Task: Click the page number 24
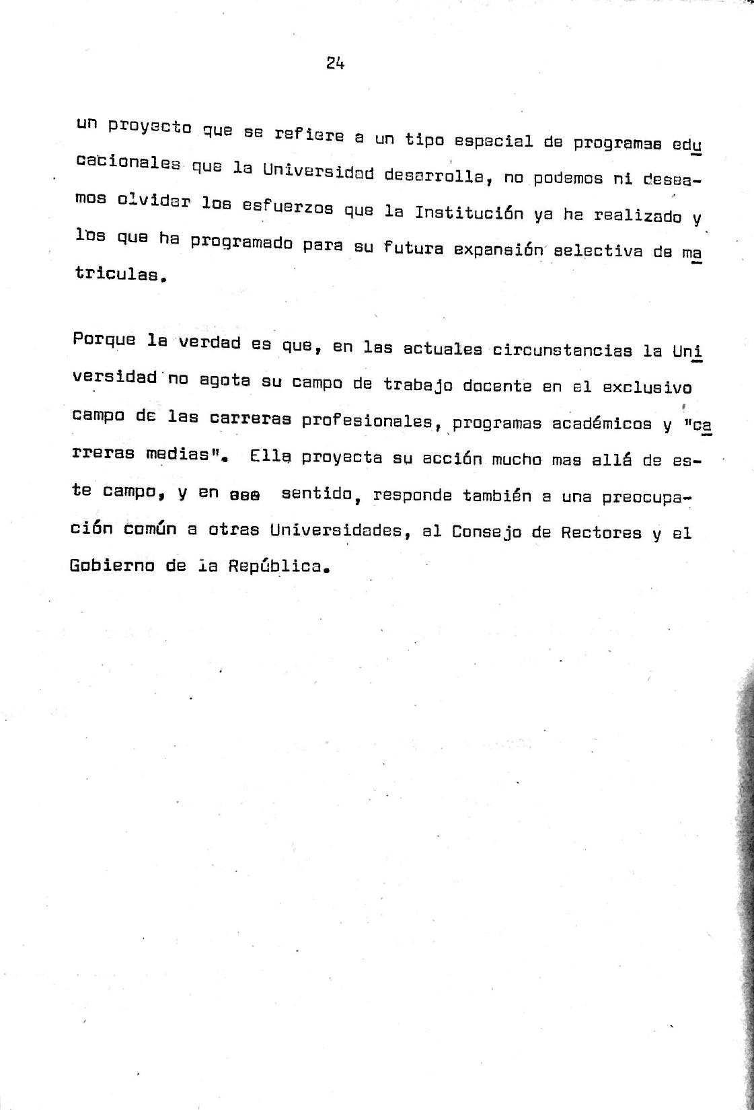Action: click(x=335, y=63)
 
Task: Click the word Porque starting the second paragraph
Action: click(x=104, y=340)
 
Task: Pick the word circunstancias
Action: click(x=562, y=350)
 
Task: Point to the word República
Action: click(x=276, y=566)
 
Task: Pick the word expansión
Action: click(x=498, y=249)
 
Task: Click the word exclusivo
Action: click(x=646, y=387)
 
